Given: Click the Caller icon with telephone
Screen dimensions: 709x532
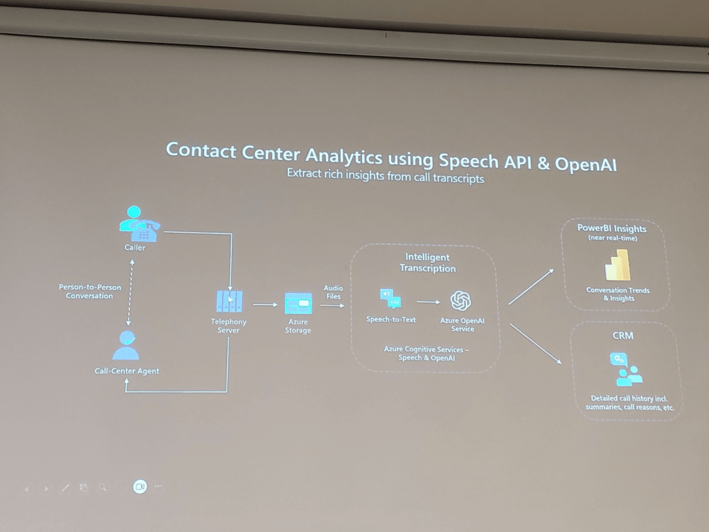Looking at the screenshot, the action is (x=139, y=224).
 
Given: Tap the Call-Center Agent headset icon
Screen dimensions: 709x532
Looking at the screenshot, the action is (x=126, y=345).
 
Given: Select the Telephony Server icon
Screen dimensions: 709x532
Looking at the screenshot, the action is (x=229, y=301).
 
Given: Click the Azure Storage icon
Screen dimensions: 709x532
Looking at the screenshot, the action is (x=298, y=303).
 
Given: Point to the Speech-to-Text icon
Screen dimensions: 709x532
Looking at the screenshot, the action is (x=391, y=299).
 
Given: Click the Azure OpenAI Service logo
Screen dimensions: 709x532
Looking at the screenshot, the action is (x=460, y=301).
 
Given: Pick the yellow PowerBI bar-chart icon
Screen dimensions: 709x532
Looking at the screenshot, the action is (x=618, y=265).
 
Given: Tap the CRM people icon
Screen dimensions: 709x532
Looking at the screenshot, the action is (x=626, y=369).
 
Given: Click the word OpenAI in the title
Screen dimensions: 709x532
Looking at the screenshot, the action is (x=586, y=163).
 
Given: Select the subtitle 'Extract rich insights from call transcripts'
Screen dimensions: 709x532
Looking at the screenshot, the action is (x=385, y=175).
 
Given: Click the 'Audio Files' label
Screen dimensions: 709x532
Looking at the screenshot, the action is (x=333, y=292).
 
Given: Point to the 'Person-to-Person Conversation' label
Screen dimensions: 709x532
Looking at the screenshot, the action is (x=89, y=292).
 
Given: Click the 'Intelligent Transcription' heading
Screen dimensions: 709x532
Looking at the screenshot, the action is (x=428, y=263).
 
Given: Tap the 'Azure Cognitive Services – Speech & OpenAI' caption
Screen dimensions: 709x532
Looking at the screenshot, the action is (x=427, y=354).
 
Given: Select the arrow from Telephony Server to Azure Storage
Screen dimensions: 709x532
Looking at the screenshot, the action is (x=265, y=305).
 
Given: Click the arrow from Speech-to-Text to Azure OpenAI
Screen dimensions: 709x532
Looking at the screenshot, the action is (x=428, y=302).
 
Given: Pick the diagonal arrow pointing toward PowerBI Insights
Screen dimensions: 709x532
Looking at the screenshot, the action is (x=531, y=287).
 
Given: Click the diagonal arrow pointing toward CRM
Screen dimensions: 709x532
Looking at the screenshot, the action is (x=536, y=344).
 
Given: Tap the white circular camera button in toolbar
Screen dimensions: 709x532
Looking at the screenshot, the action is (x=140, y=487).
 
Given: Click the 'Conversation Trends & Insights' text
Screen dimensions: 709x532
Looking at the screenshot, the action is (x=618, y=294).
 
